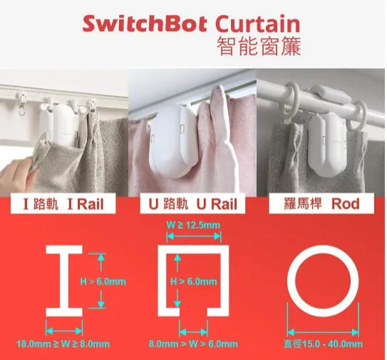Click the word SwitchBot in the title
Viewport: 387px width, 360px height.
145,23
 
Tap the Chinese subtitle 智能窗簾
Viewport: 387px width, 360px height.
259,46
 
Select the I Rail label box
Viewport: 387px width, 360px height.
63,204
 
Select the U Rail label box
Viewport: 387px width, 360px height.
192,204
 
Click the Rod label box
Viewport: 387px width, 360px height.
322,204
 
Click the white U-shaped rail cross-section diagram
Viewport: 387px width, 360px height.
162,281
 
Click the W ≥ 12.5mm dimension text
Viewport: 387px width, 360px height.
193,225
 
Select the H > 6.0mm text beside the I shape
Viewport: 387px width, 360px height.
103,282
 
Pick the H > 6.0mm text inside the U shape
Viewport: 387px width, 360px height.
194,282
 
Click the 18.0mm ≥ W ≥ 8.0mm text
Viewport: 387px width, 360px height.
63,344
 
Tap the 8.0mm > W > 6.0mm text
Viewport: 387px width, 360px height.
193,344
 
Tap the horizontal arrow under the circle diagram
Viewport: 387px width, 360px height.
323,332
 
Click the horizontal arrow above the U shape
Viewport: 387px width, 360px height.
194,237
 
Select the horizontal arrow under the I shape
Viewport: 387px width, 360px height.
64,331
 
